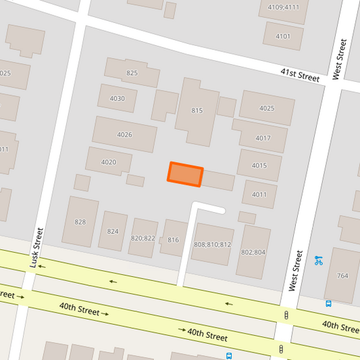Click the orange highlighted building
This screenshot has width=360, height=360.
coord(185,174)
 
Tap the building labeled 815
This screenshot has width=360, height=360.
coord(197,111)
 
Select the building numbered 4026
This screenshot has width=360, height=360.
coord(124,134)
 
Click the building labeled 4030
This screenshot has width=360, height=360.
coord(117,98)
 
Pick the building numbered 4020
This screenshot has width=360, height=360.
coord(108,161)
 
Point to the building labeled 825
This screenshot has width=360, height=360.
coord(131,72)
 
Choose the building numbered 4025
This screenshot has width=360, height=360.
coord(267,108)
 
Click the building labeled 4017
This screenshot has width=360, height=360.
coord(263,138)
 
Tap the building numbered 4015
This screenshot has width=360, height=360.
coord(259,165)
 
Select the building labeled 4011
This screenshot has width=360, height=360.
coord(259,195)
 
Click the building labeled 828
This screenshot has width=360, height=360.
coord(80,222)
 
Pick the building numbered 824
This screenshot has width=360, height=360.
coord(113,231)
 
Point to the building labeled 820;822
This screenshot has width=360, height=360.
coord(143,238)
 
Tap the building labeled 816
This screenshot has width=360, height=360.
coord(173,239)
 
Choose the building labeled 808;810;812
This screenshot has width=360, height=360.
coord(213,244)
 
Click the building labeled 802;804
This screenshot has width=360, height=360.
coord(253,251)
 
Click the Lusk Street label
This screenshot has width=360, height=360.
coord(36,247)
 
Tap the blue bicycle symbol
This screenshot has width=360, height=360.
coord(318,259)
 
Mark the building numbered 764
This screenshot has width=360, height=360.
coord(342,275)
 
